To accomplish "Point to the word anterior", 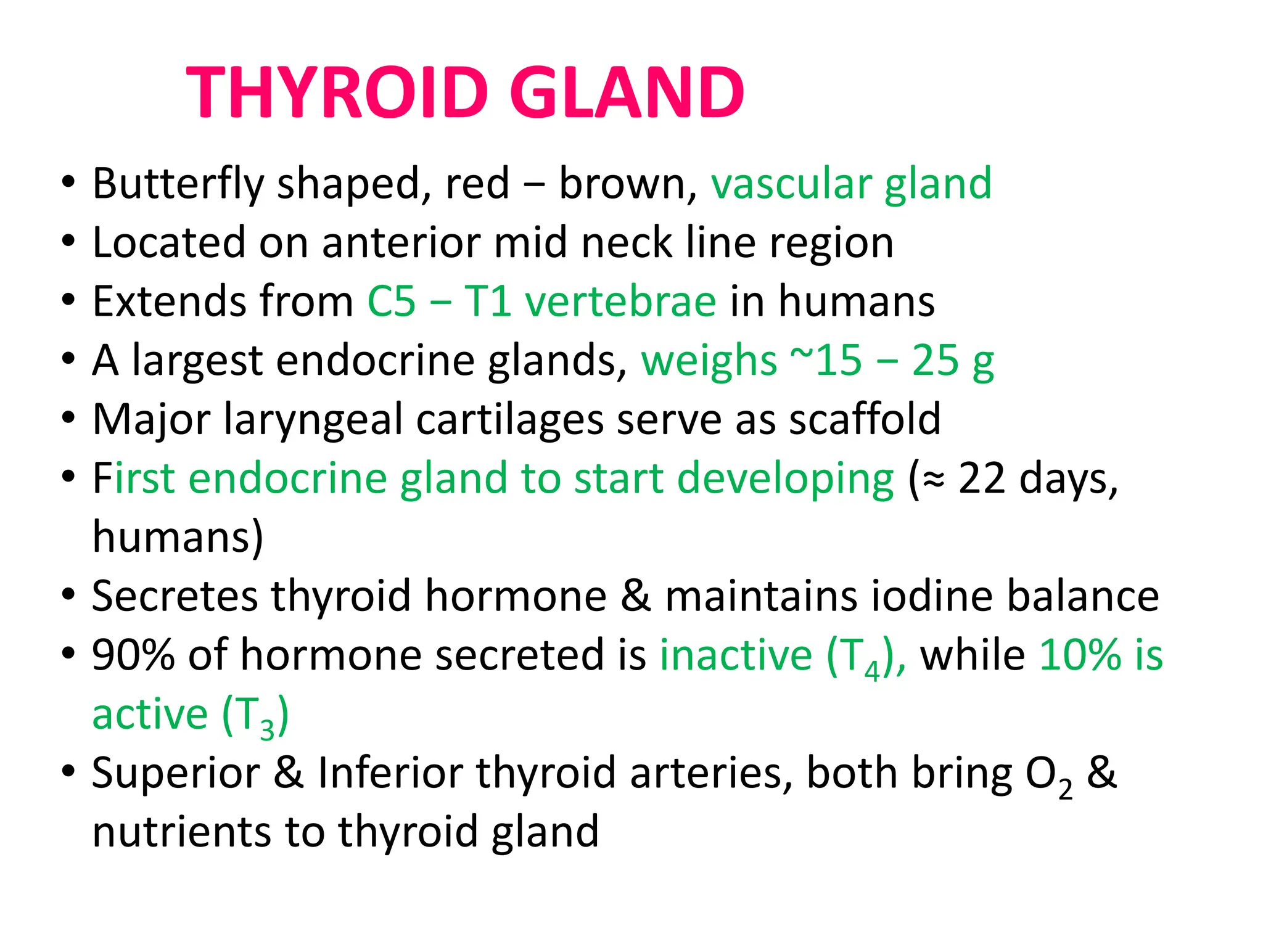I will pyautogui.click(x=401, y=242).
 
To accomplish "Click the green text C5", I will pyautogui.click(x=392, y=301).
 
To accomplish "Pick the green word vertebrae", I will pyautogui.click(x=620, y=301).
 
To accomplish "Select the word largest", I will pyautogui.click(x=197, y=361).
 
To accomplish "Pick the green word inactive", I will pyautogui.click(x=736, y=655).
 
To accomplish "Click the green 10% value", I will pyautogui.click(x=1080, y=655).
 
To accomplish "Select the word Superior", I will pyautogui.click(x=176, y=773).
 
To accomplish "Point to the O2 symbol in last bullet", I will pyautogui.click(x=1048, y=776).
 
